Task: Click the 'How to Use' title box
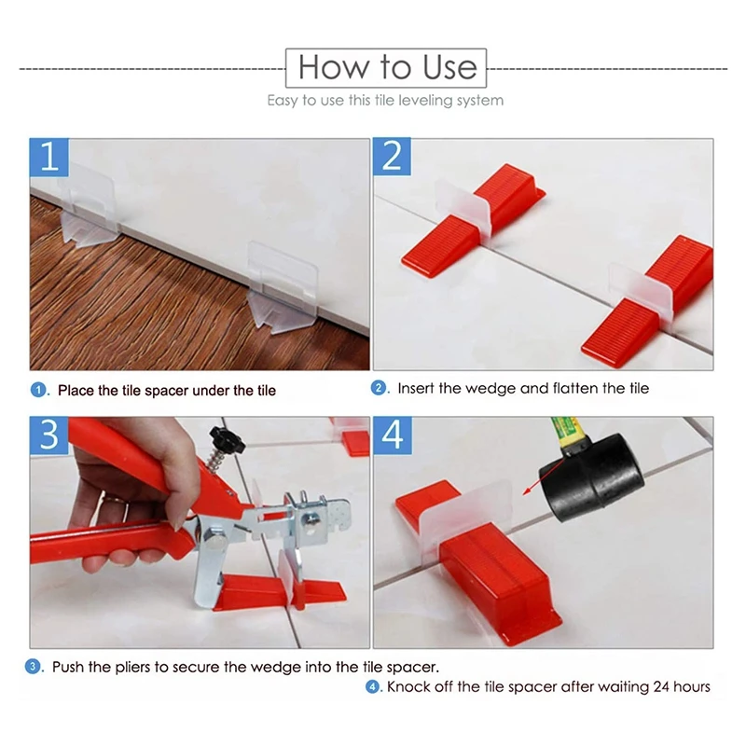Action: (387, 68)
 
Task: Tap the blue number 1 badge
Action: (48, 157)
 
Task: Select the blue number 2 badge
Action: (393, 157)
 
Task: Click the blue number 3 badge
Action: (48, 435)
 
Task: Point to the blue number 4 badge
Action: (393, 435)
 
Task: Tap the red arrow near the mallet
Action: (537, 484)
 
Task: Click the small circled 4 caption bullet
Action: (373, 687)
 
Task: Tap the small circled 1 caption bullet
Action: (38, 390)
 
